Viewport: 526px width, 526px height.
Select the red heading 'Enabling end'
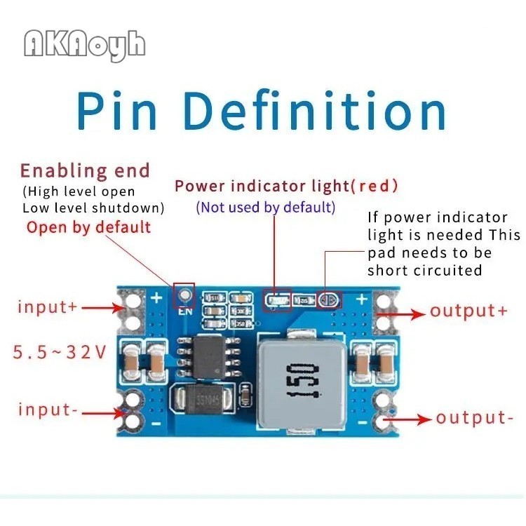(x=85, y=170)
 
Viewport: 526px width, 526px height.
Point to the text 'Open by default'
(x=88, y=227)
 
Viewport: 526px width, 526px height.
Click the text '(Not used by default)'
(x=266, y=207)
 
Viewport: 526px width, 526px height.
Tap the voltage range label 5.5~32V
(x=60, y=351)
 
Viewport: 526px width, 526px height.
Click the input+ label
(x=47, y=306)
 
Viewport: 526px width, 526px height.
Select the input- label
(x=48, y=410)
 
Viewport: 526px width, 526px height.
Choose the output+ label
(x=468, y=311)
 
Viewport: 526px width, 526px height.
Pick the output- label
(x=474, y=418)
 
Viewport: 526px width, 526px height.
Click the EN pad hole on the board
(x=184, y=295)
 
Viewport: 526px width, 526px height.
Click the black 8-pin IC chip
(x=210, y=356)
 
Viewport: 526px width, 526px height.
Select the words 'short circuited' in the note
(x=425, y=270)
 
